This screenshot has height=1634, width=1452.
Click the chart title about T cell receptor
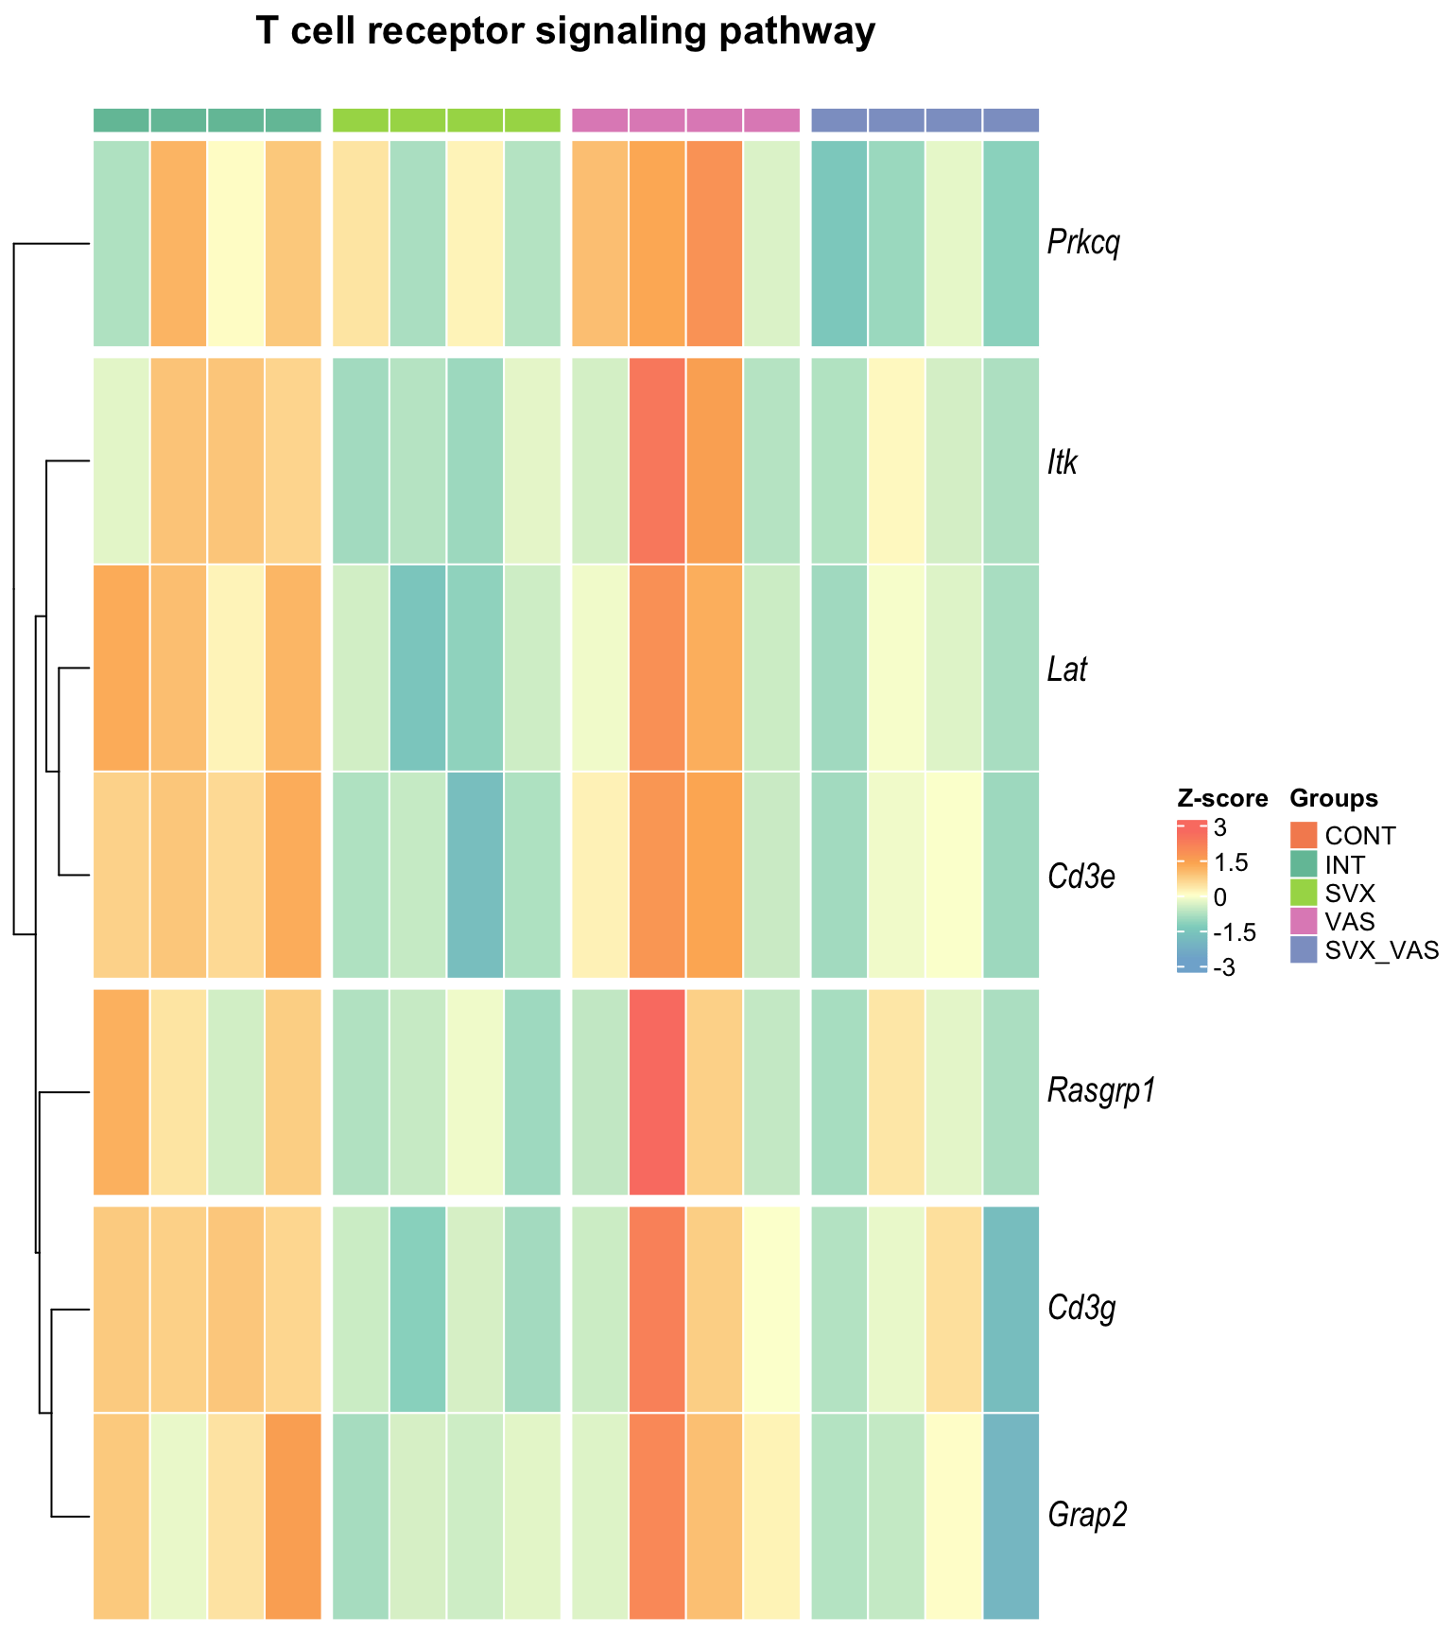(x=565, y=32)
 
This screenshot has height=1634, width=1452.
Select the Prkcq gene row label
(x=1083, y=244)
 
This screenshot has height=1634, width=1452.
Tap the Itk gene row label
(x=1063, y=462)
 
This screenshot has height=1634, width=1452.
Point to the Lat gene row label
(x=1067, y=669)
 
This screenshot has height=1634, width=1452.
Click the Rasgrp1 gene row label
(x=1101, y=1091)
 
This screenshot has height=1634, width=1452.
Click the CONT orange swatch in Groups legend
(x=1304, y=836)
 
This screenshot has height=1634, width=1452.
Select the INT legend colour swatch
(x=1304, y=864)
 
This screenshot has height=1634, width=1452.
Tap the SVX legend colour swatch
(x=1304, y=893)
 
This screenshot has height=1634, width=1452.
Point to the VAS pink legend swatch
(x=1304, y=921)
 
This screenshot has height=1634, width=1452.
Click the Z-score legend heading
(x=1222, y=799)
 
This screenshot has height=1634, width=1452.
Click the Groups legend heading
(x=1334, y=799)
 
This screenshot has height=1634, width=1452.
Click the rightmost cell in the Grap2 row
(x=1011, y=1516)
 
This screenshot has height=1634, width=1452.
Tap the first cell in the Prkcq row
(x=121, y=244)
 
